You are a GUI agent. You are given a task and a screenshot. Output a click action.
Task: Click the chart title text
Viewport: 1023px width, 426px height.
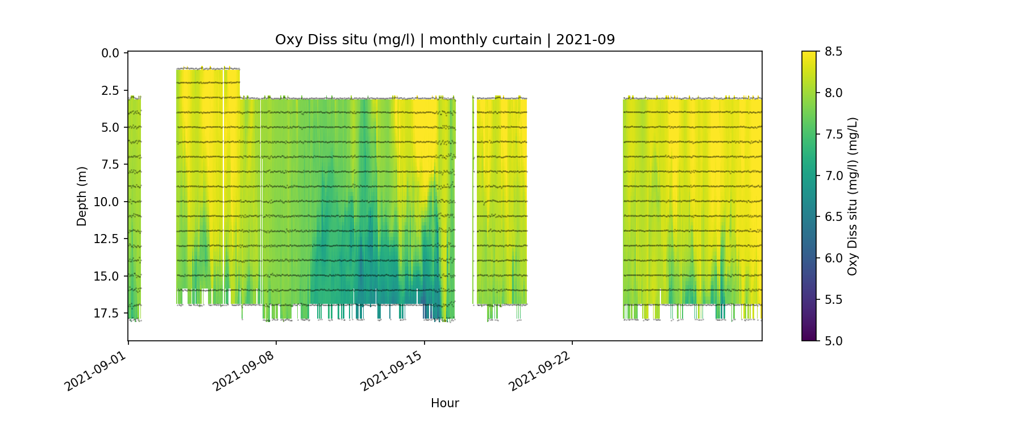tap(444, 40)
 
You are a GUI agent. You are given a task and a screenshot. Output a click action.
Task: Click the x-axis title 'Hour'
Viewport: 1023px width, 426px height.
tap(444, 403)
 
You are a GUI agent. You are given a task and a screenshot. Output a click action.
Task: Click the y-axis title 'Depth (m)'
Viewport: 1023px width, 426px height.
tap(82, 197)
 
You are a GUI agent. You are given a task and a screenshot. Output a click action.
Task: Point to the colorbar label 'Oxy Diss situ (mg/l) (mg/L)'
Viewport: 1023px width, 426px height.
tap(852, 197)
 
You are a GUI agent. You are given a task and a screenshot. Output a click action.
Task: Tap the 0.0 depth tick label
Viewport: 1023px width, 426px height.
tap(110, 53)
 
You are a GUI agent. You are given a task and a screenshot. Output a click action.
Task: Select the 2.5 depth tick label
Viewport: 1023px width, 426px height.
tap(110, 90)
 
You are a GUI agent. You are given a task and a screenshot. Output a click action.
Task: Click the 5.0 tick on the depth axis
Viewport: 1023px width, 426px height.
tap(110, 128)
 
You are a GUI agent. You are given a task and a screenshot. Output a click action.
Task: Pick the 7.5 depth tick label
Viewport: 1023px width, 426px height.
tap(110, 165)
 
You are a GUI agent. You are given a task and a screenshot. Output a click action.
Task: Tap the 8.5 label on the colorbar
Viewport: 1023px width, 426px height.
tap(833, 52)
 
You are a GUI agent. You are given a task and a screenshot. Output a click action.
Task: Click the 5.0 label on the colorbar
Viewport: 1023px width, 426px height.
tap(833, 341)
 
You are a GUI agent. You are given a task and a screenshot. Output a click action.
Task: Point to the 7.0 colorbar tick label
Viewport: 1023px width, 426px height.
tap(833, 176)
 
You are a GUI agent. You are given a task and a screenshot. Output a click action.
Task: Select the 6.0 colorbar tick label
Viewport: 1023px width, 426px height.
tap(833, 258)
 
